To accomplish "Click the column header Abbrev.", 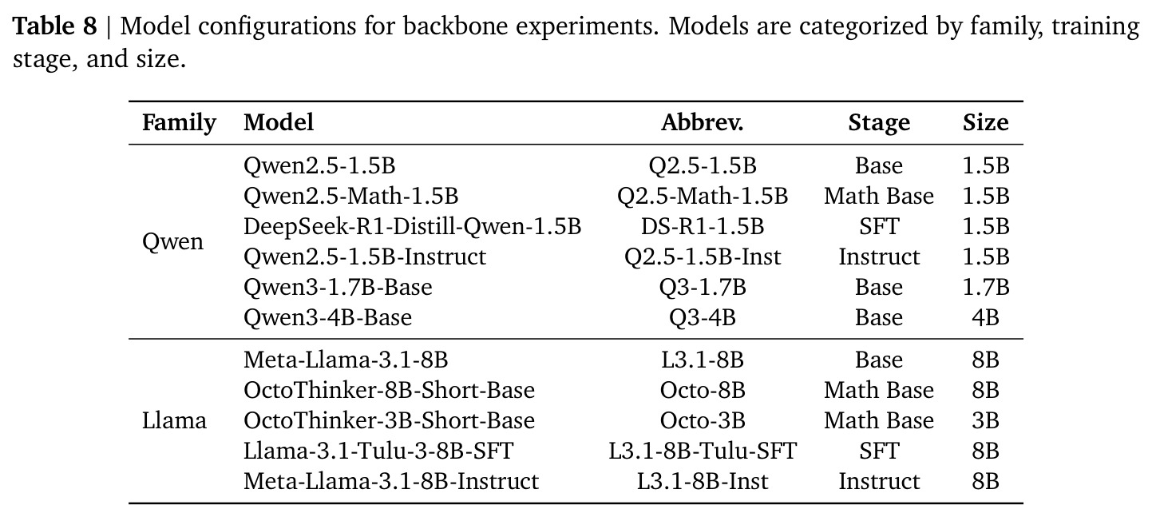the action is (x=702, y=122).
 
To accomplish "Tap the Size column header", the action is (x=985, y=122).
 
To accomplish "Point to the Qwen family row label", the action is (x=172, y=241).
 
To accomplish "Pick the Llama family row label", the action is (x=174, y=420).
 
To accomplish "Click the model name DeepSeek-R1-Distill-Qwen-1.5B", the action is (x=412, y=226).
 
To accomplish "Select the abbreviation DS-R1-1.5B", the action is (x=702, y=226).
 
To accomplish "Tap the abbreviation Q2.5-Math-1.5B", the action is (x=702, y=196).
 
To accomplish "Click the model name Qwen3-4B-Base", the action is (x=327, y=318).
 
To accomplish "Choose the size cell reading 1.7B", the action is (x=985, y=288).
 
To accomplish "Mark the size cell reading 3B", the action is (x=985, y=420).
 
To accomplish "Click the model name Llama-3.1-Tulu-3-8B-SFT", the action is (x=378, y=451).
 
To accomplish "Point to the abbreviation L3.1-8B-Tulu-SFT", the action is (x=702, y=451).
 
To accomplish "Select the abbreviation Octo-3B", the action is (x=702, y=420).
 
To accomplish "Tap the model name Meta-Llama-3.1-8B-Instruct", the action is (x=391, y=481).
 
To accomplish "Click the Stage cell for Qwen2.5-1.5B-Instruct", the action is (x=879, y=257).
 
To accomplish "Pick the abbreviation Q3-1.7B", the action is (x=702, y=288).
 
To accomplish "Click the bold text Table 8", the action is (x=54, y=26).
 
